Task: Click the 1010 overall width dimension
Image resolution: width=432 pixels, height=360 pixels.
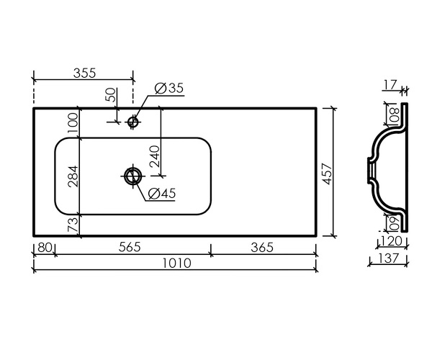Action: coord(176,263)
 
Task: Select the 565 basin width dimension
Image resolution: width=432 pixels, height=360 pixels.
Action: coord(130,247)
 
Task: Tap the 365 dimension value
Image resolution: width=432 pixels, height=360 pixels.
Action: coord(262,248)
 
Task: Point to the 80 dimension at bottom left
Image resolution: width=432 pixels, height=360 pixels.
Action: coord(45,248)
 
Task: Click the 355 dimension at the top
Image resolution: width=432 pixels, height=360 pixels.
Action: coord(84,73)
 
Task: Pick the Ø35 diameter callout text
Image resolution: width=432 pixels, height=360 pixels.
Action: coord(169,88)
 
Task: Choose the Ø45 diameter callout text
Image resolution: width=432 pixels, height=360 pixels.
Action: coord(162,194)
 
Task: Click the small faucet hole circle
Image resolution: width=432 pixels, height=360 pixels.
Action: coord(132,122)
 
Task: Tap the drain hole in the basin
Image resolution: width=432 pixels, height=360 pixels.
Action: coord(133,176)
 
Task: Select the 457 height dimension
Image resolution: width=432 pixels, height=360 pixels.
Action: coord(328,174)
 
